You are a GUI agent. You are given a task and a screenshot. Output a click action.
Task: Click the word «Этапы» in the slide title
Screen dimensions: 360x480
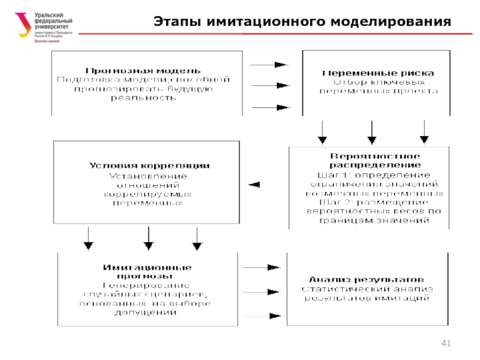[177, 23]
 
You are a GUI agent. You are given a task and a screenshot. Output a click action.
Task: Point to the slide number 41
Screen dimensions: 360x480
[445, 343]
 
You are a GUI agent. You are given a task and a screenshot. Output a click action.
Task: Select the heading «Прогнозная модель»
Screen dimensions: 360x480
[143, 71]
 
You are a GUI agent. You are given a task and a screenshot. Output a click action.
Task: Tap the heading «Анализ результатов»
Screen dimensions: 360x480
[367, 280]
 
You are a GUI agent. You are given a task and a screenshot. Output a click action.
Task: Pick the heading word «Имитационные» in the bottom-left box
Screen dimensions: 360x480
[147, 266]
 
